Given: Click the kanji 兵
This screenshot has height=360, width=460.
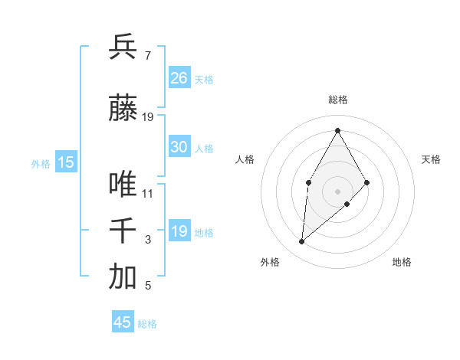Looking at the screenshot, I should click(x=123, y=47).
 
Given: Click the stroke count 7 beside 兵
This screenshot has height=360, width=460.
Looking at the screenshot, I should click(x=147, y=56).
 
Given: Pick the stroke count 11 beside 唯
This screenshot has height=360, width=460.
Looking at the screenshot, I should click(x=148, y=194).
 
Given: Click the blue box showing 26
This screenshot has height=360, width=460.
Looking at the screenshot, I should click(x=179, y=78).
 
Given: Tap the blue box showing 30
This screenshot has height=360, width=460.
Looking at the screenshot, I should click(x=179, y=147).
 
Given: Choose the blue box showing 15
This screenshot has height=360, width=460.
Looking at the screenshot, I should click(x=66, y=162).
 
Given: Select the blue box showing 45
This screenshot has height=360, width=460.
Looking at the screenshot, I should click(x=123, y=322).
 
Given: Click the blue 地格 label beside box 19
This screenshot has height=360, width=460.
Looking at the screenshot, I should click(x=204, y=233).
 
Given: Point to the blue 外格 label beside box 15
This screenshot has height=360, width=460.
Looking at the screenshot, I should click(x=40, y=163).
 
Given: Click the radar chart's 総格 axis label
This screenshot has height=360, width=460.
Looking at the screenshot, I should click(x=337, y=100).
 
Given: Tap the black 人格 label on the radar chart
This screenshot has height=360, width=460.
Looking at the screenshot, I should click(x=245, y=159).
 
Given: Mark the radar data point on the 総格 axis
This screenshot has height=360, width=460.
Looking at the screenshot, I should click(x=337, y=130).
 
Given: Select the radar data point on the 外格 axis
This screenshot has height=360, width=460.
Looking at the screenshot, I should click(x=302, y=241).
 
